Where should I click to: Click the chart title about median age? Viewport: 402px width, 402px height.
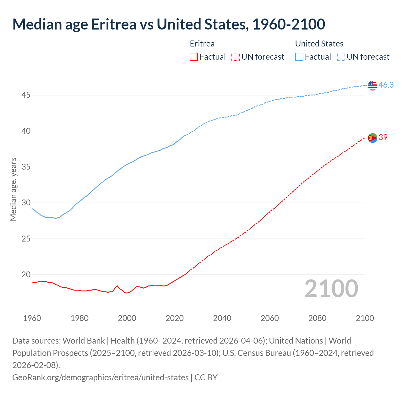pyautogui.click(x=169, y=24)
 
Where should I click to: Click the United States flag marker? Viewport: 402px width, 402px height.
pyautogui.click(x=372, y=85)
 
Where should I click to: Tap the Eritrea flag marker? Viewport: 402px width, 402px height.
pyautogui.click(x=372, y=138)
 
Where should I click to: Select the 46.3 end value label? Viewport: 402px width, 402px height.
pyautogui.click(x=386, y=85)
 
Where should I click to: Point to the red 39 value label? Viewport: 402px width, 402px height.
pyautogui.click(x=383, y=137)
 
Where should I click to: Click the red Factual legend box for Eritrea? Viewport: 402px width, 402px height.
pyautogui.click(x=194, y=57)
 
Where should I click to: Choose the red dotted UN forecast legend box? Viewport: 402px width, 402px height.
pyautogui.click(x=235, y=57)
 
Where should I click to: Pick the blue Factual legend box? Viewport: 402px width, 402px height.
pyautogui.click(x=299, y=57)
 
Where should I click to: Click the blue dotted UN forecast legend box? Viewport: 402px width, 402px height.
pyautogui.click(x=341, y=57)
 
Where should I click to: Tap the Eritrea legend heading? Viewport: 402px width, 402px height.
pyautogui.click(x=202, y=44)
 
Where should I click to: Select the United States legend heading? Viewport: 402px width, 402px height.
pyautogui.click(x=319, y=44)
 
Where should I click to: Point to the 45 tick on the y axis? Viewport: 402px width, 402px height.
pyautogui.click(x=26, y=95)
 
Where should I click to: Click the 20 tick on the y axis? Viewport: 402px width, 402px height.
pyautogui.click(x=26, y=275)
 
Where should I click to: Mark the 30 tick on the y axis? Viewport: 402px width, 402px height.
pyautogui.click(x=26, y=203)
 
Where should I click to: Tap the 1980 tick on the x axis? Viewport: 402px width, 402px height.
pyautogui.click(x=79, y=318)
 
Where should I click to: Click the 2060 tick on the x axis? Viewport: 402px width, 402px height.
pyautogui.click(x=270, y=318)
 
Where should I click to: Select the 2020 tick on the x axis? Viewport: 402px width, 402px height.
pyautogui.click(x=175, y=318)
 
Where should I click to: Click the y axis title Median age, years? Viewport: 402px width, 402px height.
pyautogui.click(x=13, y=189)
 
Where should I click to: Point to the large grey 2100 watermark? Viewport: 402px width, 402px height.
pyautogui.click(x=331, y=289)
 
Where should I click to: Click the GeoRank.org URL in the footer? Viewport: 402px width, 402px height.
pyautogui.click(x=100, y=377)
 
